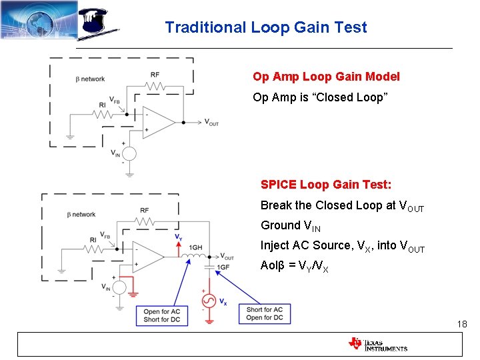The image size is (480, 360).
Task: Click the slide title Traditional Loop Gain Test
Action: [x=265, y=27]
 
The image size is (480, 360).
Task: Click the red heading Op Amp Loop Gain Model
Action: [x=326, y=77]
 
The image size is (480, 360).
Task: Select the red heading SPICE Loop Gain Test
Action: [x=325, y=184]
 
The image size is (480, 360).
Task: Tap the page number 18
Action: [x=462, y=324]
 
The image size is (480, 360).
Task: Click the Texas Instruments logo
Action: [x=377, y=344]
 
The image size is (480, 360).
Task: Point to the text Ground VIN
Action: [x=290, y=226]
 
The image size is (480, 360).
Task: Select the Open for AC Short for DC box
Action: [x=161, y=316]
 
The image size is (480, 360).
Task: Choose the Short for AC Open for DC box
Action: [x=265, y=313]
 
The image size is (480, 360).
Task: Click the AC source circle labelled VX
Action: [x=209, y=301]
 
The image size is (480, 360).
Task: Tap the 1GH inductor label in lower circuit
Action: [x=196, y=247]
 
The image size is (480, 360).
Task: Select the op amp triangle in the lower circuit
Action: [x=147, y=257]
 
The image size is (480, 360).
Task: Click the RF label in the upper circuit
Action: [x=155, y=75]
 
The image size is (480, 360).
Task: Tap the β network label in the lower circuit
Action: [x=81, y=215]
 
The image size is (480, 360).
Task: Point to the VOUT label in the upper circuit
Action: [x=211, y=123]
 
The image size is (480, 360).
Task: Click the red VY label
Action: [x=178, y=237]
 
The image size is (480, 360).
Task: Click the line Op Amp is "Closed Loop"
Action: [x=320, y=97]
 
